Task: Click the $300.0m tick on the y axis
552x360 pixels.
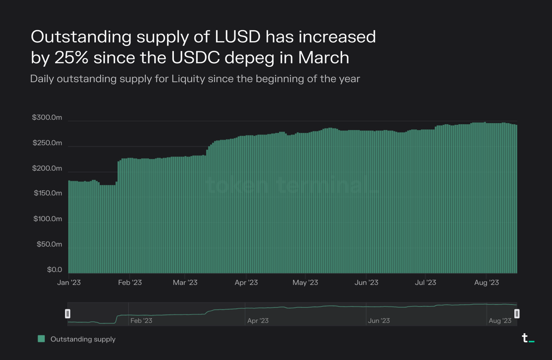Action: coord(47,118)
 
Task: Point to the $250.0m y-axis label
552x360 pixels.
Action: coord(47,143)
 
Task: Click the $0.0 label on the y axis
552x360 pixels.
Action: coord(53,269)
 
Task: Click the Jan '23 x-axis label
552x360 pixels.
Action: coord(69,282)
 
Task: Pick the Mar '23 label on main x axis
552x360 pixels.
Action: coord(185,282)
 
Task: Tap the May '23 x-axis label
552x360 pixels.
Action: coord(305,282)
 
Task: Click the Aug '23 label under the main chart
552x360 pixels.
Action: coord(486,282)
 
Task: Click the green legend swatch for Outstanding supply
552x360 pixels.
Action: coord(41,339)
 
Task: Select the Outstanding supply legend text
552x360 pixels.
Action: coord(83,339)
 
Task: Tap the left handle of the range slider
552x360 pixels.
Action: coord(68,314)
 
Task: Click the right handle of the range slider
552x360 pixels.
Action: coord(517,314)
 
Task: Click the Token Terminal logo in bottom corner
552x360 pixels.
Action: coord(528,338)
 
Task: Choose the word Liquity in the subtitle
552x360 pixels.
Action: coord(189,79)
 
